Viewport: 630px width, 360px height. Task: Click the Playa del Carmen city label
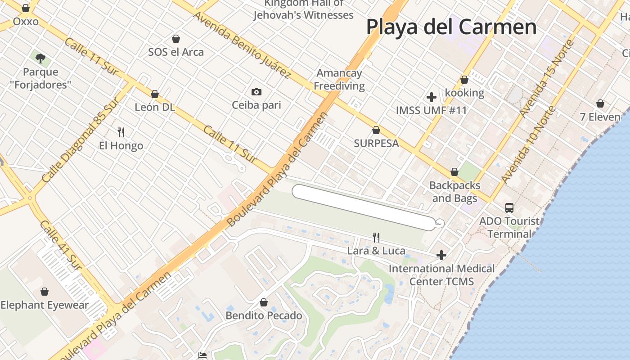451,27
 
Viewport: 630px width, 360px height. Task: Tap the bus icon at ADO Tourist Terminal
509,208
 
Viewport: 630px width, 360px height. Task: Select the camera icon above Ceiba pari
256,92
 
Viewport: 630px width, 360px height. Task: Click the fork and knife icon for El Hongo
121,132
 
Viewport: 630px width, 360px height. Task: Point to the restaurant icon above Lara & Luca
376,237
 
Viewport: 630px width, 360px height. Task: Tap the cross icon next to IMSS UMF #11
432,97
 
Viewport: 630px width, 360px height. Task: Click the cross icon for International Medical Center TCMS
441,255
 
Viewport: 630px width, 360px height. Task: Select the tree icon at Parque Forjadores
40,58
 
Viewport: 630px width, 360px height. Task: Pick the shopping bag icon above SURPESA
376,130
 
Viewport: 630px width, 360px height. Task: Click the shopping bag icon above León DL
155,94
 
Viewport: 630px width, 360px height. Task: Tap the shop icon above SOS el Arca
176,39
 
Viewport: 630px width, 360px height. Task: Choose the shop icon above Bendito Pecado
264,302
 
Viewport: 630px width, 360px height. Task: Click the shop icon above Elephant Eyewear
44,292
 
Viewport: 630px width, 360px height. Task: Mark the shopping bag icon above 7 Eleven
600,104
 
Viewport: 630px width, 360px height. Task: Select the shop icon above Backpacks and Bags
454,172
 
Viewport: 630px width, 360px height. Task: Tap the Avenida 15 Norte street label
546,78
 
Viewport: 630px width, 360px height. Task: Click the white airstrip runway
364,207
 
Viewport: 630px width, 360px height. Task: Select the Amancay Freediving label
339,79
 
